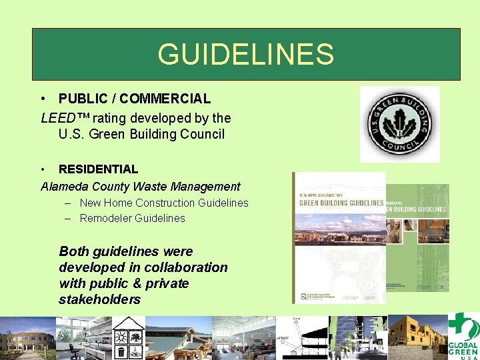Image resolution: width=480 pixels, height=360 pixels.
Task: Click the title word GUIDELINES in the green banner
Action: coord(245,55)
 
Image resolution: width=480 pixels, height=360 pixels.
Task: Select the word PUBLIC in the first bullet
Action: coord(80,99)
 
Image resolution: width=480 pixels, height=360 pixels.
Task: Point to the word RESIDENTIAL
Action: coord(98,169)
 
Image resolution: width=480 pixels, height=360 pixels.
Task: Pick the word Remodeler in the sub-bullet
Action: coord(105,218)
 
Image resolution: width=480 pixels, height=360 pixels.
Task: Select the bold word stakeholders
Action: coord(99,299)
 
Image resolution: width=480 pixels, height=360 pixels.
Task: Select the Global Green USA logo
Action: coord(463,337)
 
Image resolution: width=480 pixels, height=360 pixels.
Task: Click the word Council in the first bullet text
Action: coord(203,134)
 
